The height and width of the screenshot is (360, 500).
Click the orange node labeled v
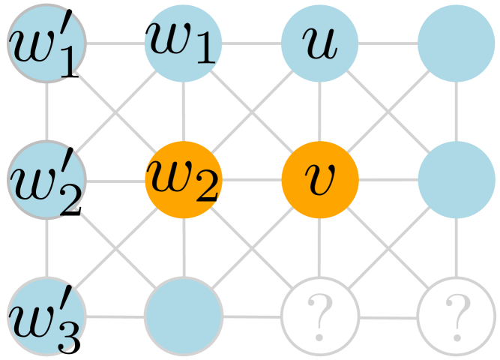pyautogui.click(x=320, y=180)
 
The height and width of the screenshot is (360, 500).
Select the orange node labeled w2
pyautogui.click(x=184, y=180)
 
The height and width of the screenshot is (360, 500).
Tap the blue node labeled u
pyautogui.click(x=320, y=43)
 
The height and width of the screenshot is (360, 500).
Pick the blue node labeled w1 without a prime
pyautogui.click(x=184, y=43)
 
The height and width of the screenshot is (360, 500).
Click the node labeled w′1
pyautogui.click(x=46, y=43)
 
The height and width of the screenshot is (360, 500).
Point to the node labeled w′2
pyautogui.click(x=46, y=180)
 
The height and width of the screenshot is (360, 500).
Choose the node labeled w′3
pyautogui.click(x=46, y=315)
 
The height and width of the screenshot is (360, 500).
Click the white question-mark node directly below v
pyautogui.click(x=320, y=315)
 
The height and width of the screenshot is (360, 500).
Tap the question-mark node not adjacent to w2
pyautogui.click(x=457, y=315)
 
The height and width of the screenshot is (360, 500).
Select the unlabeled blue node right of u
pyautogui.click(x=457, y=43)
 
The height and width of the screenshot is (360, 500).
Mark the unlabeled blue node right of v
pyautogui.click(x=457, y=180)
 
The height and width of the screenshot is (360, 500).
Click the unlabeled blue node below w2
pyautogui.click(x=184, y=315)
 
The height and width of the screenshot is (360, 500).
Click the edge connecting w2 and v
pyautogui.click(x=252, y=180)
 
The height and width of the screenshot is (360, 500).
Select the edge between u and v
pyautogui.click(x=320, y=112)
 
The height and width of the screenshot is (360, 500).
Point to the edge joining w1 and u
pyautogui.click(x=252, y=43)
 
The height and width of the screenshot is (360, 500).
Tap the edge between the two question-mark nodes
pyautogui.click(x=388, y=316)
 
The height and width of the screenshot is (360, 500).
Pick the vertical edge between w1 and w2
pyautogui.click(x=184, y=112)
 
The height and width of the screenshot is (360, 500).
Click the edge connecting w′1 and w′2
pyautogui.click(x=46, y=112)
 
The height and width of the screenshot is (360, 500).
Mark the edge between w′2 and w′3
pyautogui.click(x=46, y=247)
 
